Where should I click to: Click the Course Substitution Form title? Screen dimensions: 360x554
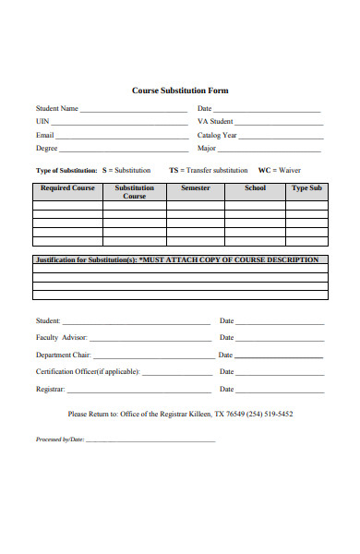(180, 90)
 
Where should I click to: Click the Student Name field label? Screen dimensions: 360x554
(57, 109)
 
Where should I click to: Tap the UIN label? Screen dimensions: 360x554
(42, 122)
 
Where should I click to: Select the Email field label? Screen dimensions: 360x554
(45, 135)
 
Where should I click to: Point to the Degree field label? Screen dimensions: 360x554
(47, 148)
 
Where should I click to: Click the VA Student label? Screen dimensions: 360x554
(215, 122)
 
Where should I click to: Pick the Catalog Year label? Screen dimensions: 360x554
(217, 135)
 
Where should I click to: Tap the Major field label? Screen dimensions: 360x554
(207, 148)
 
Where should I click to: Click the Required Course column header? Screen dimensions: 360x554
(67, 188)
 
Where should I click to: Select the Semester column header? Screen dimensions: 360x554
(196, 188)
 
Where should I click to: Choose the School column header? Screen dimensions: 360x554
(256, 188)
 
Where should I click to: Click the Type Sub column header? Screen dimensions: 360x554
(306, 188)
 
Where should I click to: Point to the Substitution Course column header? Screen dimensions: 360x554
(135, 192)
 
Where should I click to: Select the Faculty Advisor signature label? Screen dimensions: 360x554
(61, 338)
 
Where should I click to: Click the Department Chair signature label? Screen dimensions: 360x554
(64, 355)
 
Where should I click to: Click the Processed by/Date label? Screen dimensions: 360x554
(60, 440)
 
